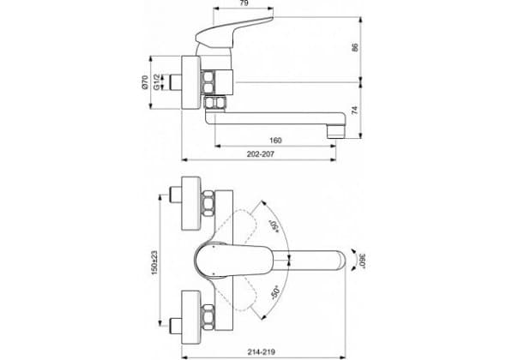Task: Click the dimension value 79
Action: pos(244,3)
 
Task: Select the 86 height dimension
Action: pos(355,47)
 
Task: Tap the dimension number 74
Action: pos(355,110)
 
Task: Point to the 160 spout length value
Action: pos(275,141)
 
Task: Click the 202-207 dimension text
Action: pos(261,154)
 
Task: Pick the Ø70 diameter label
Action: pos(144,82)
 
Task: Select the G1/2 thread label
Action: pos(156,82)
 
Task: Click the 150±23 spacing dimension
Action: pos(154,263)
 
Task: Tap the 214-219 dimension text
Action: pos(261,352)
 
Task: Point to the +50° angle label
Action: pos(274,225)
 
